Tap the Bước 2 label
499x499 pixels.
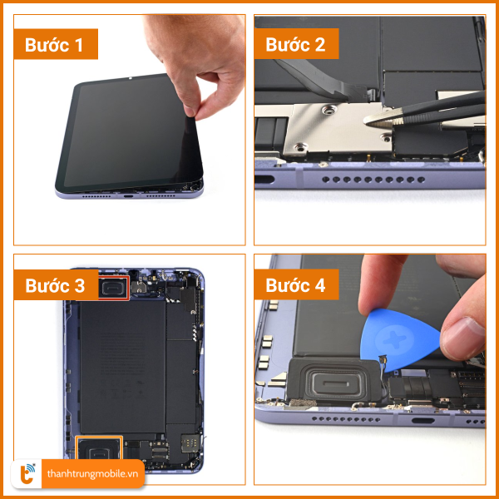pyautogui.click(x=295, y=44)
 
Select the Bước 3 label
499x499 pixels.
pyautogui.click(x=55, y=285)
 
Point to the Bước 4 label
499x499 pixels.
pyautogui.click(x=295, y=285)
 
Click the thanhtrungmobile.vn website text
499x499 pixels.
pyautogui.click(x=92, y=474)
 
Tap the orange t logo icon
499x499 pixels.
pyautogui.click(x=27, y=474)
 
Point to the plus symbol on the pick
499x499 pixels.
pyautogui.click(x=394, y=340)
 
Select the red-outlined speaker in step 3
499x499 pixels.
pyautogui.click(x=114, y=288)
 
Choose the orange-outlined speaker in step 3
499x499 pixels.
pyautogui.click(x=99, y=448)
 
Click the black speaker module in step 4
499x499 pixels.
pyautogui.click(x=335, y=380)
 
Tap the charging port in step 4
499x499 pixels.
pyautogui.click(x=423, y=421)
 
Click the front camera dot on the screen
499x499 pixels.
pyautogui.click(x=130, y=78)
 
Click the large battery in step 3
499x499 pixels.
pyautogui.click(x=123, y=367)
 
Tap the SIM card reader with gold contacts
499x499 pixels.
pyautogui.click(x=190, y=443)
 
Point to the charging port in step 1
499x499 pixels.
pyautogui.click(x=129, y=196)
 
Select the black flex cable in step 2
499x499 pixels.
pyautogui.click(x=321, y=78)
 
